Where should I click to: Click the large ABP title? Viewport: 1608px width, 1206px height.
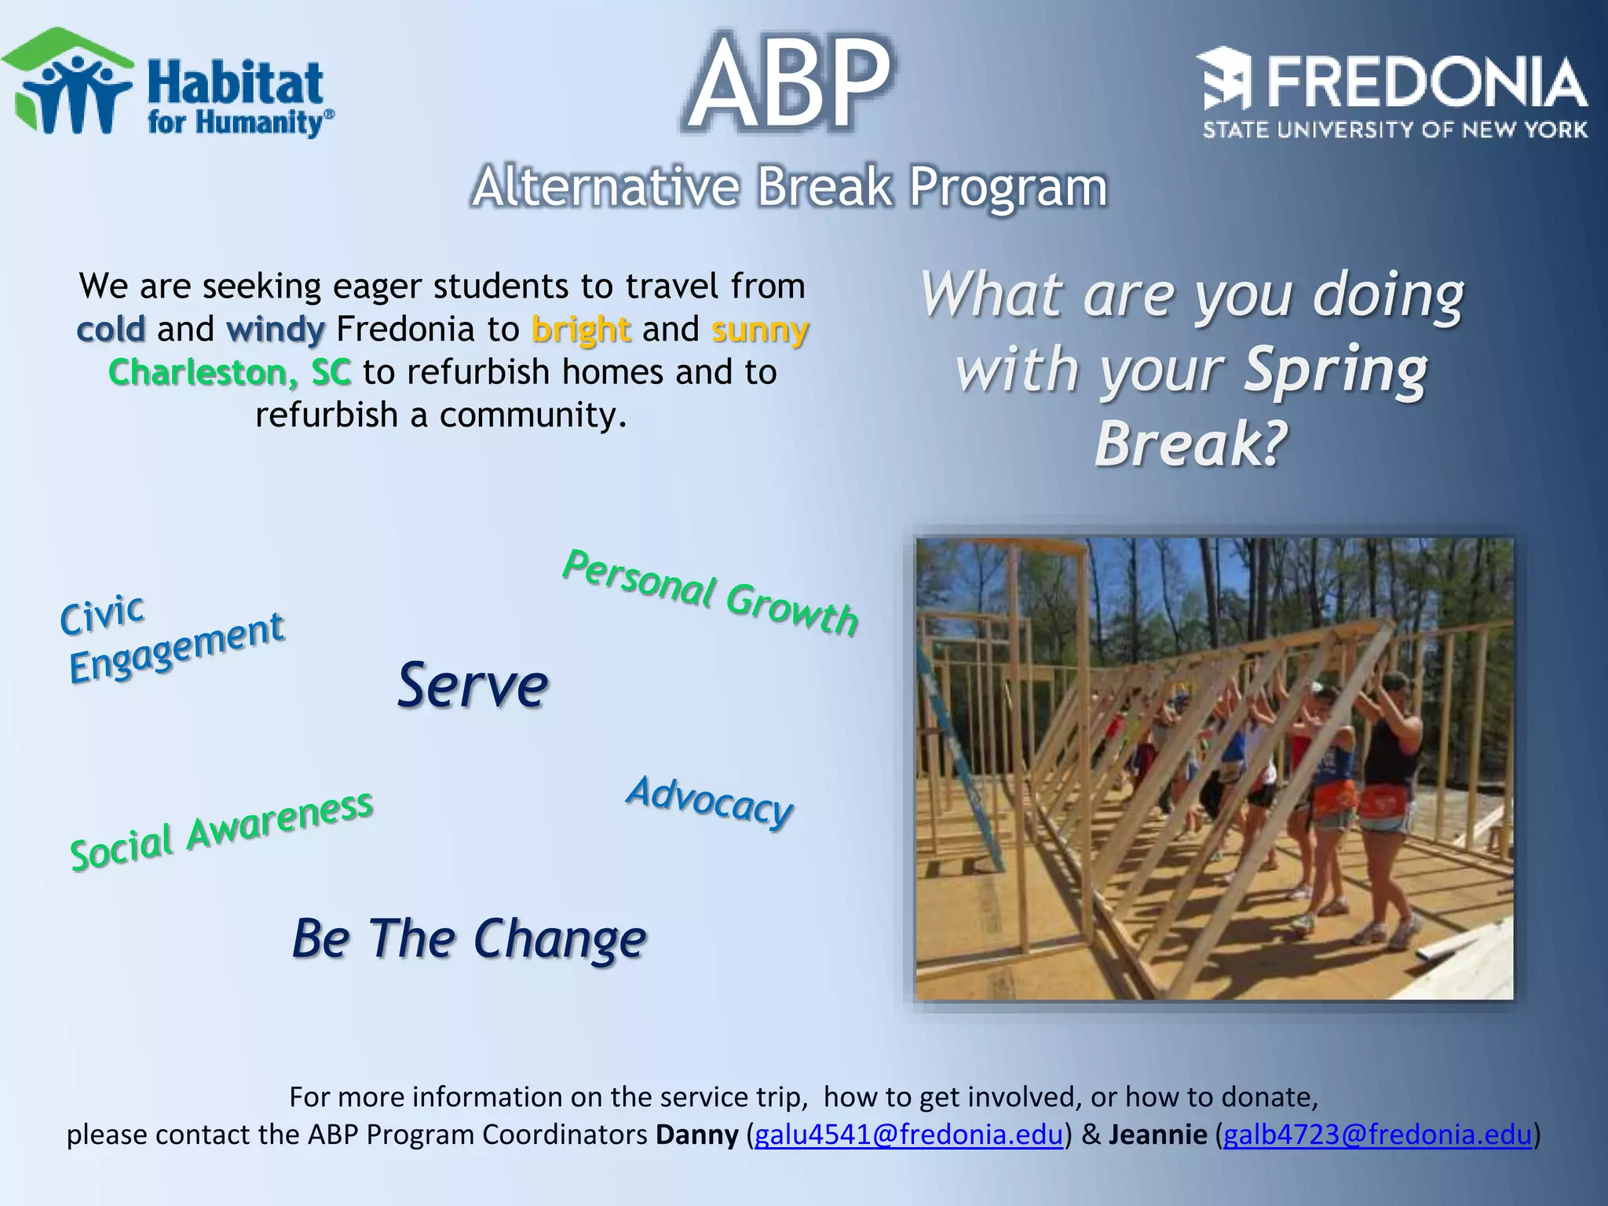click(x=789, y=83)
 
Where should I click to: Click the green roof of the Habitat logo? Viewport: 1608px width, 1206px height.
click(x=67, y=44)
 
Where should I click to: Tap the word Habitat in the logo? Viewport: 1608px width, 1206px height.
click(x=236, y=83)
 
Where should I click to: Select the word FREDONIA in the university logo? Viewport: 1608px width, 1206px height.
click(x=1425, y=83)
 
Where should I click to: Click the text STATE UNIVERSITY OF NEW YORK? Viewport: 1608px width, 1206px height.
click(x=1394, y=130)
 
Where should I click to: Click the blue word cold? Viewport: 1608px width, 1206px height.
click(x=111, y=329)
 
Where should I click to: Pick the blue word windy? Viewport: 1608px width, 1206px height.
click(x=275, y=330)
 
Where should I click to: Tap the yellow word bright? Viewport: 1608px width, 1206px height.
click(x=580, y=330)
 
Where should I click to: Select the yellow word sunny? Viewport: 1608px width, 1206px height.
click(x=759, y=330)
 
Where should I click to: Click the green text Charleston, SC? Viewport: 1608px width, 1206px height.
click(x=229, y=372)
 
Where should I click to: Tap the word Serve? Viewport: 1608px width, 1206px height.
click(x=472, y=685)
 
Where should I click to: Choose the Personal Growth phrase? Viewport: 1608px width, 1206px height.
click(x=711, y=593)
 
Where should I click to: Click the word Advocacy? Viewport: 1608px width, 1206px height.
click(x=710, y=801)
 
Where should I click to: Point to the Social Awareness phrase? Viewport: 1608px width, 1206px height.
click(x=221, y=831)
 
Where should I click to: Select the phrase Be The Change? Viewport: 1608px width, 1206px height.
click(x=469, y=938)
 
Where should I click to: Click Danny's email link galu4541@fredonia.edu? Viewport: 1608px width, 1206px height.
click(x=908, y=1135)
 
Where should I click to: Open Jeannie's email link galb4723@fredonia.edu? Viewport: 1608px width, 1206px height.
click(x=1377, y=1135)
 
